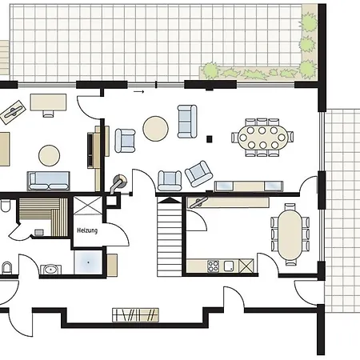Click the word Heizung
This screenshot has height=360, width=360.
[x=87, y=230]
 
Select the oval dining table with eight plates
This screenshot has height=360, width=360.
[x=262, y=138]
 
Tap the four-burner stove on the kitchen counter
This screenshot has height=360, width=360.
[x=213, y=266]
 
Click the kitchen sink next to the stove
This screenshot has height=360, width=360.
[x=229, y=266]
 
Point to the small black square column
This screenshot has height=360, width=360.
[x=210, y=138]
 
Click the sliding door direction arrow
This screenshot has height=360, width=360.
[x=138, y=92]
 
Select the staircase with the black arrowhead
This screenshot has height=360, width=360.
[x=170, y=237]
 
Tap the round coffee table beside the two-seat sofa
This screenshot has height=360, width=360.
[x=155, y=129]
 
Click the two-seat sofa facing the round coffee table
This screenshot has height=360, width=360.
[x=187, y=122]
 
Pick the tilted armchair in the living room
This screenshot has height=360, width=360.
[x=199, y=174]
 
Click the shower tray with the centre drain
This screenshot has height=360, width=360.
[x=88, y=262]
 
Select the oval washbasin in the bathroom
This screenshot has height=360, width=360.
[x=50, y=270]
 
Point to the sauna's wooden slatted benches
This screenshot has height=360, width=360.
[x=42, y=217]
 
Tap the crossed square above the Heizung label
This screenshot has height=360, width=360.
[x=87, y=205]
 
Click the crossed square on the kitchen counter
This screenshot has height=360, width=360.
[x=246, y=266]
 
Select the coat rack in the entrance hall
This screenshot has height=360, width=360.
[x=135, y=315]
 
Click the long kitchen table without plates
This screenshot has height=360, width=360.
[x=290, y=234]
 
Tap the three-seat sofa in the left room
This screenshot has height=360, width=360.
[x=48, y=181]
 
